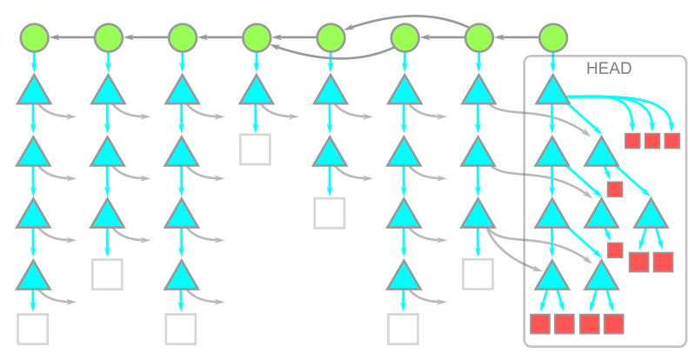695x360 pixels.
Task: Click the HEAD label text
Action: point(609,69)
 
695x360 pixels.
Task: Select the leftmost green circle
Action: point(34,37)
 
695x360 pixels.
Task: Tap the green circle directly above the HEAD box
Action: point(553,37)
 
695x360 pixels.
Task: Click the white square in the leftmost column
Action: point(33,330)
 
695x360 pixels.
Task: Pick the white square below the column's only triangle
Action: point(255,150)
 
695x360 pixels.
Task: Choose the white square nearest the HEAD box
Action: point(478,274)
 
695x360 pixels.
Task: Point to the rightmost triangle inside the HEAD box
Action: point(652,213)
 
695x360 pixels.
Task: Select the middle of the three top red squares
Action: point(652,141)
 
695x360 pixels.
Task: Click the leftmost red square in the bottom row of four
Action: point(541,323)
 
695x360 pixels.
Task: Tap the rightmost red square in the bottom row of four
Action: point(614,323)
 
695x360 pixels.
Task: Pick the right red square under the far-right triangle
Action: point(663,262)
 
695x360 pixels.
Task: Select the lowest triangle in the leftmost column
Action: point(34,275)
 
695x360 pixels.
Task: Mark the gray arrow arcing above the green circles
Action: point(409,17)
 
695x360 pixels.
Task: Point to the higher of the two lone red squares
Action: point(615,189)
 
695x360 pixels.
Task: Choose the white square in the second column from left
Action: point(107,274)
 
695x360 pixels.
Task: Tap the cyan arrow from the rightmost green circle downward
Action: point(553,63)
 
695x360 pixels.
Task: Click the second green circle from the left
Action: point(108,37)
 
